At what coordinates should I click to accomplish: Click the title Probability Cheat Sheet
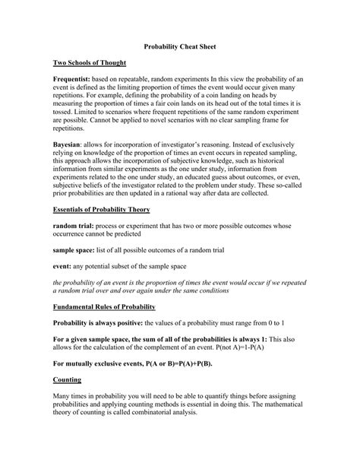coord(180,46)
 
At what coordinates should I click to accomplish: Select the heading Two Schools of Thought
coord(89,62)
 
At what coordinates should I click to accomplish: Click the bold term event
coord(62,265)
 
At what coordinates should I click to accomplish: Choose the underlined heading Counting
coord(68,378)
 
